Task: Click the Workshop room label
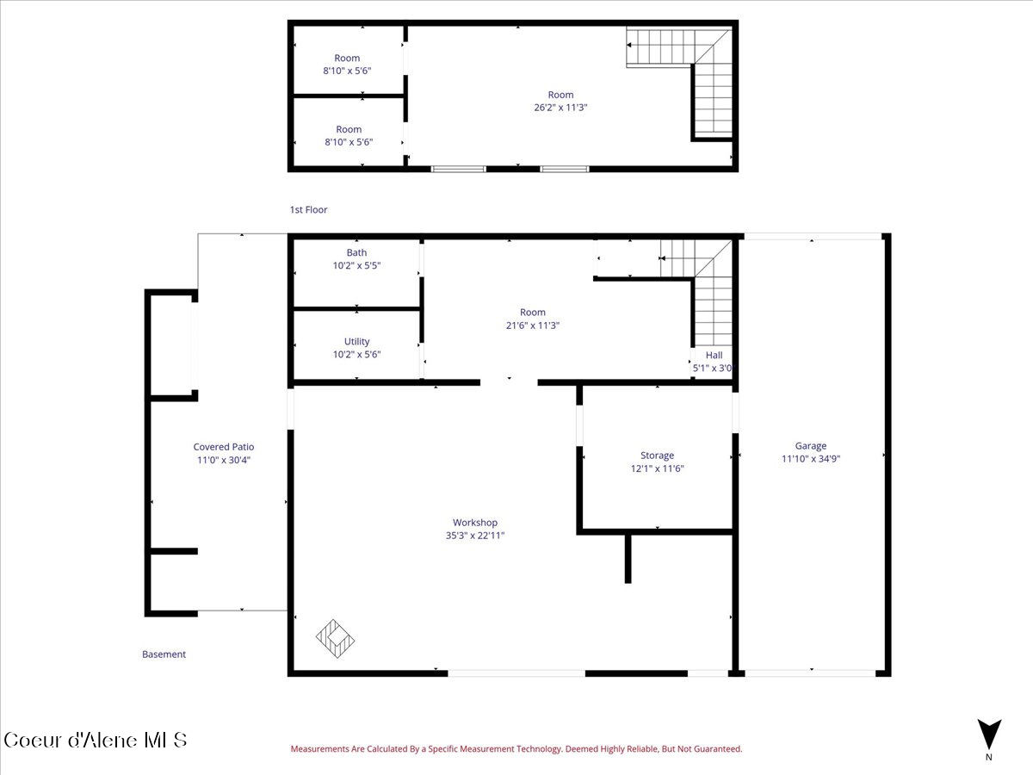(x=475, y=523)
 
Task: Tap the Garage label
(x=810, y=445)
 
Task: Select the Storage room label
(x=657, y=455)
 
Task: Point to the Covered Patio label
(x=224, y=447)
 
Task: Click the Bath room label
(x=356, y=252)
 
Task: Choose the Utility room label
(x=356, y=341)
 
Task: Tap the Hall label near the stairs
(x=714, y=356)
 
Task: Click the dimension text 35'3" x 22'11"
(x=475, y=536)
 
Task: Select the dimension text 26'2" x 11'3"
(x=560, y=108)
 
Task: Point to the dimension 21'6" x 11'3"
(x=532, y=325)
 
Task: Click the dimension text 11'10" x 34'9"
(x=810, y=459)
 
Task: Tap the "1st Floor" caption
(x=308, y=210)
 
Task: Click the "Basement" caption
(x=164, y=654)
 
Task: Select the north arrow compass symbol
(x=989, y=735)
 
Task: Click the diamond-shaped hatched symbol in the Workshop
(x=335, y=639)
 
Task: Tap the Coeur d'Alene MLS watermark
(x=95, y=741)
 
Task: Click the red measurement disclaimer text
(x=516, y=748)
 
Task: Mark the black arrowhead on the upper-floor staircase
(x=628, y=45)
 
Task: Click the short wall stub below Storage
(x=628, y=559)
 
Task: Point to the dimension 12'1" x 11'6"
(x=657, y=468)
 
